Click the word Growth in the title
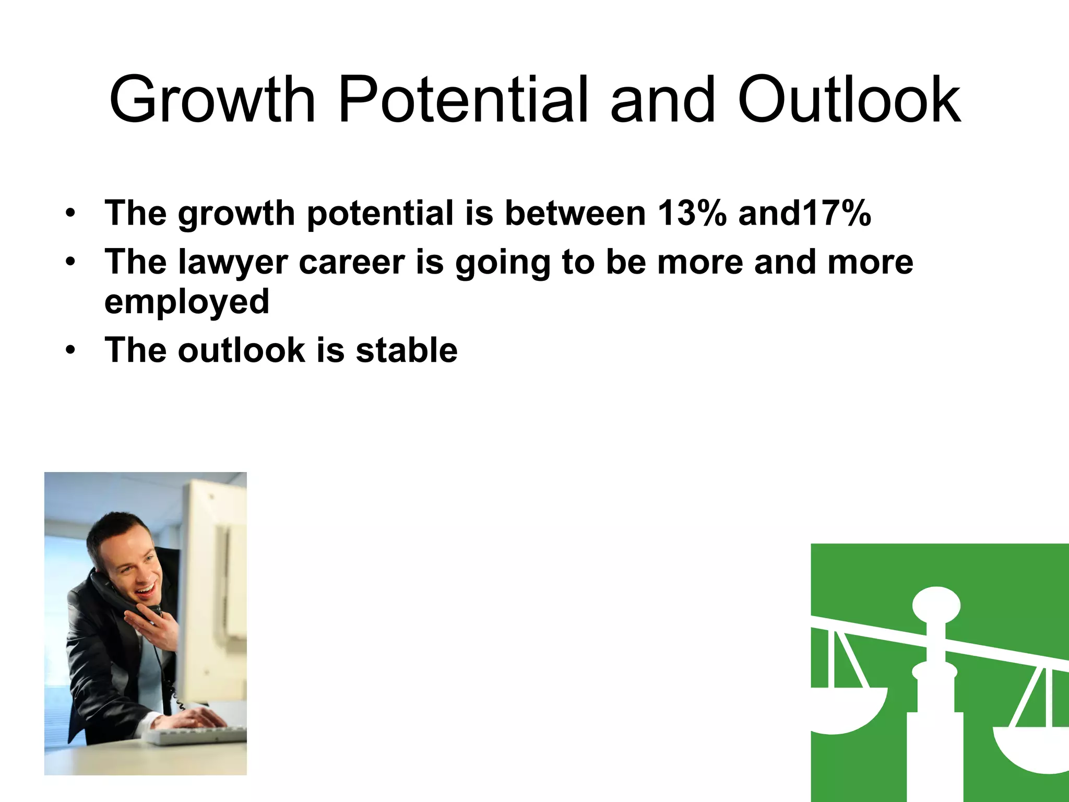(x=212, y=100)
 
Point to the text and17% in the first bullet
(x=804, y=213)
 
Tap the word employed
(x=187, y=302)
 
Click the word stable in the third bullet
(x=406, y=350)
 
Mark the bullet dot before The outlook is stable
(x=70, y=350)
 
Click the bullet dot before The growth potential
(x=70, y=213)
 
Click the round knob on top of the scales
(x=936, y=605)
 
